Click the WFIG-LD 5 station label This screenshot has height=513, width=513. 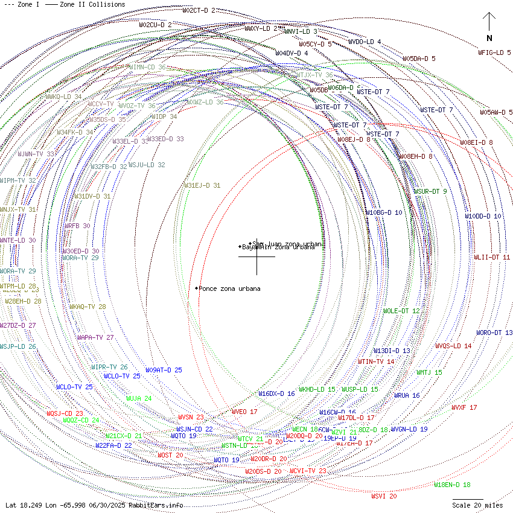click(x=494, y=53)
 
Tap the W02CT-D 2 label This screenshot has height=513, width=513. click(x=199, y=10)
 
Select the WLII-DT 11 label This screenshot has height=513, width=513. click(x=492, y=257)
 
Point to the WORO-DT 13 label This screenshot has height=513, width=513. click(x=494, y=333)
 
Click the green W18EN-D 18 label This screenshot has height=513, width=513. click(x=452, y=485)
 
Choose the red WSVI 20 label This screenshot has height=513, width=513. click(x=384, y=496)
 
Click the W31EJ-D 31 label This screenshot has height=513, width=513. click(x=202, y=185)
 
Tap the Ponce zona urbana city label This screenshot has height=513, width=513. click(x=230, y=288)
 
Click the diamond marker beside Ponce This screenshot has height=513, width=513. click(x=197, y=288)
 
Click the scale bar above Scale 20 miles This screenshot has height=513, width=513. click(x=468, y=499)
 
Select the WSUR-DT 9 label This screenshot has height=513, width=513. click(x=430, y=191)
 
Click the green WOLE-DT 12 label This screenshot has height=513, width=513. click(x=401, y=311)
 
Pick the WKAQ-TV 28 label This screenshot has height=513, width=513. click(x=88, y=307)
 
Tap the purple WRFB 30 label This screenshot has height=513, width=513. click(x=77, y=226)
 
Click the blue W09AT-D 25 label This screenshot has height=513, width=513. click(x=164, y=370)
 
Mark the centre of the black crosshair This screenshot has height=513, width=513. click(x=256, y=256)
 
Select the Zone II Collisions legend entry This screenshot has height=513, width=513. click(x=86, y=4)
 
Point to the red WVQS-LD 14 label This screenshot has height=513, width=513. click(x=453, y=346)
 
